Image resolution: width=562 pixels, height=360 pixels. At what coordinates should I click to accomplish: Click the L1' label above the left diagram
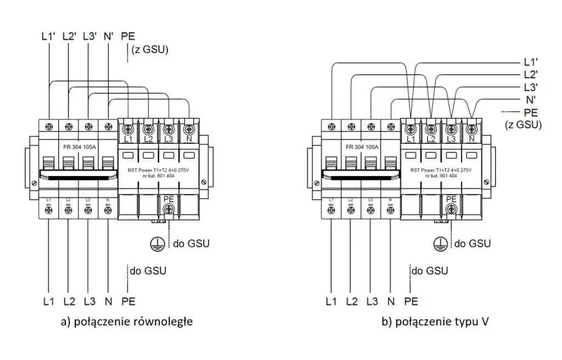tap(48, 37)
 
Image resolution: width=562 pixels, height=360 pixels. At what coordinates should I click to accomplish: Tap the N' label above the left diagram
tap(108, 37)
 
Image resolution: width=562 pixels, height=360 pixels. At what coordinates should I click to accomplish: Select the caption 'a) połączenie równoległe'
tap(127, 322)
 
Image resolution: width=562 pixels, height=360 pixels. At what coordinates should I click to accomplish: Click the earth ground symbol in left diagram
tap(158, 243)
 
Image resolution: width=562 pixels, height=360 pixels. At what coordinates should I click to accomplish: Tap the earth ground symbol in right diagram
tap(439, 243)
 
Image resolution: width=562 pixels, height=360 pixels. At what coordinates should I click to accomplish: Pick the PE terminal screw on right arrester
tap(451, 208)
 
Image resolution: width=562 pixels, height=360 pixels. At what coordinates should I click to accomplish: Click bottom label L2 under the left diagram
tap(69, 301)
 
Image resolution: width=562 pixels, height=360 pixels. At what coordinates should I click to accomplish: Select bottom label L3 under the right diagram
tap(372, 301)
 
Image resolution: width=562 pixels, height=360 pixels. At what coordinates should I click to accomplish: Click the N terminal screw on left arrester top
tap(188, 130)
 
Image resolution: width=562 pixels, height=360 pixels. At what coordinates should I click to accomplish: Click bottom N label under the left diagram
tap(108, 301)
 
